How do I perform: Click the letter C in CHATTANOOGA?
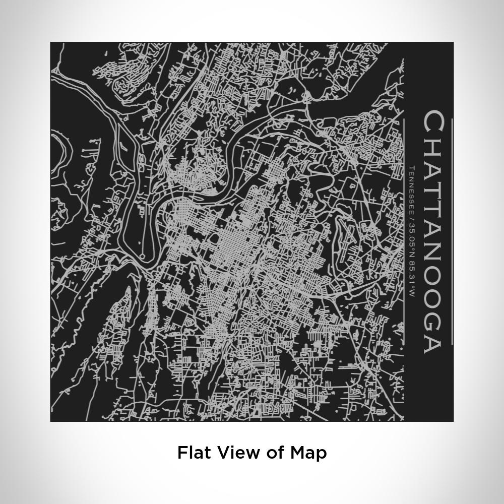[x=433, y=122]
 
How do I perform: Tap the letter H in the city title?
[x=433, y=145]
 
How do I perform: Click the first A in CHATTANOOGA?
[x=433, y=167]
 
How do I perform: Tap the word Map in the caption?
[x=308, y=452]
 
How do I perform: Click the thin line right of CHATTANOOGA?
[x=453, y=232]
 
